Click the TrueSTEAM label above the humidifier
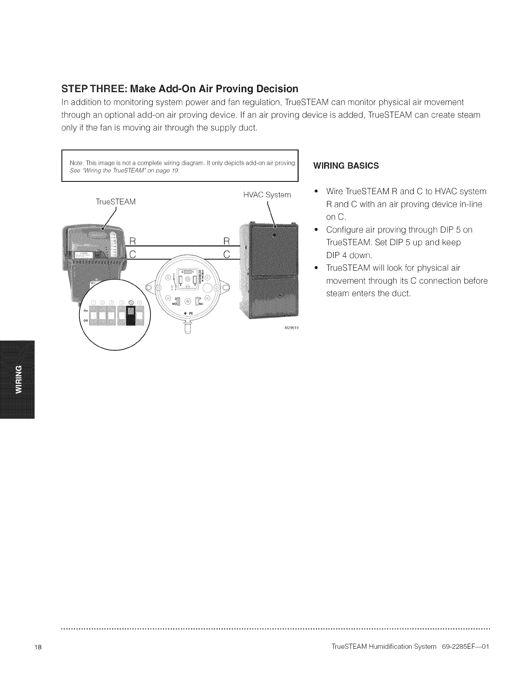[116, 202]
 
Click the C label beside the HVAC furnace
[226, 254]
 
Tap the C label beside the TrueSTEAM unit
[132, 254]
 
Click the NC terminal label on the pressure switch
[201, 303]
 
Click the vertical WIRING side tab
[18, 379]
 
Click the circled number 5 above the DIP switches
[131, 303]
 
